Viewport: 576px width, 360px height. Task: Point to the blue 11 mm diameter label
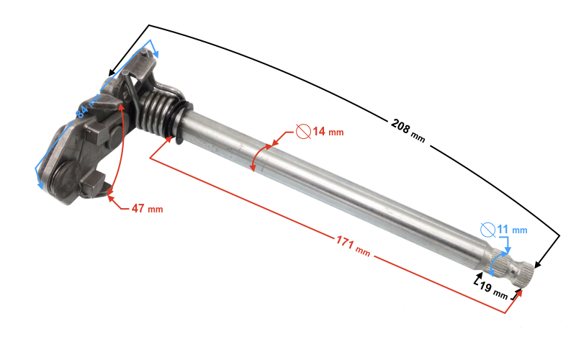pyautogui.click(x=512, y=230)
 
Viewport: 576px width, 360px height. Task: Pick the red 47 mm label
pyautogui.click(x=146, y=209)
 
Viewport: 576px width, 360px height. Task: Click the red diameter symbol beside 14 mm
pyautogui.click(x=303, y=132)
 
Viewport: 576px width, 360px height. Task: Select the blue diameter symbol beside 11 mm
pyautogui.click(x=487, y=230)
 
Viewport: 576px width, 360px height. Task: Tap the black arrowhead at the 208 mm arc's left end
pyautogui.click(x=110, y=73)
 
